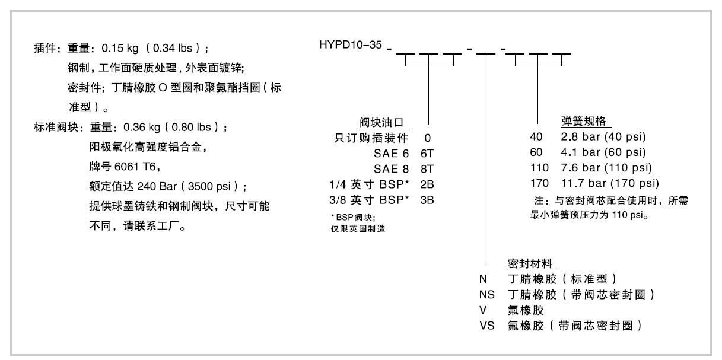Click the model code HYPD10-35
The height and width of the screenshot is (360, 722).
[351, 45]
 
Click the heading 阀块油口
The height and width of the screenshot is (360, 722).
[381, 122]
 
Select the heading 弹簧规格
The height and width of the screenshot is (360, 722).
[583, 121]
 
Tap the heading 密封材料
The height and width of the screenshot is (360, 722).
[530, 264]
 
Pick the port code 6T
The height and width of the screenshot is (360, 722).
[427, 154]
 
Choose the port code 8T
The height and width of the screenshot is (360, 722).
[427, 169]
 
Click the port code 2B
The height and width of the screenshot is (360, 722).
[427, 184]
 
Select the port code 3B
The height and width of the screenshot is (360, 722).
[427, 200]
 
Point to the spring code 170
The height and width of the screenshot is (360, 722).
[539, 183]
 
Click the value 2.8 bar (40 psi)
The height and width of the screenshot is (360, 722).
[603, 136]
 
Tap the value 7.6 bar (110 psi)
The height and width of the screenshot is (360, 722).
[606, 168]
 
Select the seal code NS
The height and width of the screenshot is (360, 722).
[486, 295]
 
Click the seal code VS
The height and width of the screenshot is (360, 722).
[486, 326]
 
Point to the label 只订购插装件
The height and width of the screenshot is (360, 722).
[371, 138]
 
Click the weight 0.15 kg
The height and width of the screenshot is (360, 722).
[120, 49]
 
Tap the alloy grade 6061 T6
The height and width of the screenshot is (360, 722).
[135, 167]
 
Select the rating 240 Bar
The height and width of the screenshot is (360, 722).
[157, 186]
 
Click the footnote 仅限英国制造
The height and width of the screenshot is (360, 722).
[358, 229]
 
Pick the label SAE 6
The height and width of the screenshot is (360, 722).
[391, 154]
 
